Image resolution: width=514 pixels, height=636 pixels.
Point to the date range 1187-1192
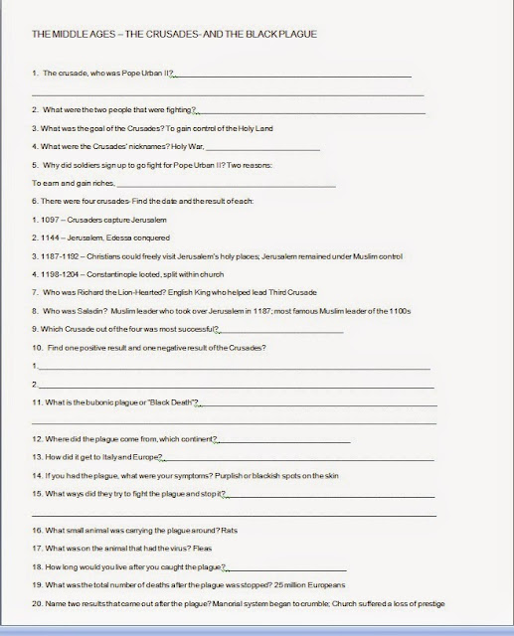point(58,255)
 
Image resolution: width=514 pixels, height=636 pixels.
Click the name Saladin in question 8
point(85,311)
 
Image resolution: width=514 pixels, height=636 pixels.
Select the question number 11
point(36,402)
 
